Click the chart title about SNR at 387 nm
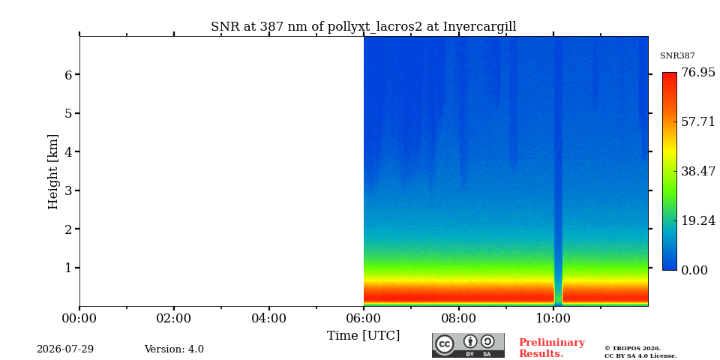(363, 27)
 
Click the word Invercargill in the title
(479, 27)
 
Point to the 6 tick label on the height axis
(68, 74)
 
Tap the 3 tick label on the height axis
(68, 190)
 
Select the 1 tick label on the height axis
(68, 268)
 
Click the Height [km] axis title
(53, 172)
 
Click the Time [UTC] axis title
(363, 336)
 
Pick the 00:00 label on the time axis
(80, 318)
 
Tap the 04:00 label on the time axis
(269, 318)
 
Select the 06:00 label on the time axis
(364, 318)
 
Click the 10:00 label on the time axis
(553, 318)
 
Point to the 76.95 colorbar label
(698, 73)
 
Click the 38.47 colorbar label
(698, 171)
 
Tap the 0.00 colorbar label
(694, 270)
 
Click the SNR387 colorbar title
(677, 56)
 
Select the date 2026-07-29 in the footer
(65, 349)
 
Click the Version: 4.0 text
(174, 349)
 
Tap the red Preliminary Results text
(552, 348)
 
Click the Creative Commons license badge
(468, 345)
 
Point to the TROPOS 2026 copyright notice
(640, 352)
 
